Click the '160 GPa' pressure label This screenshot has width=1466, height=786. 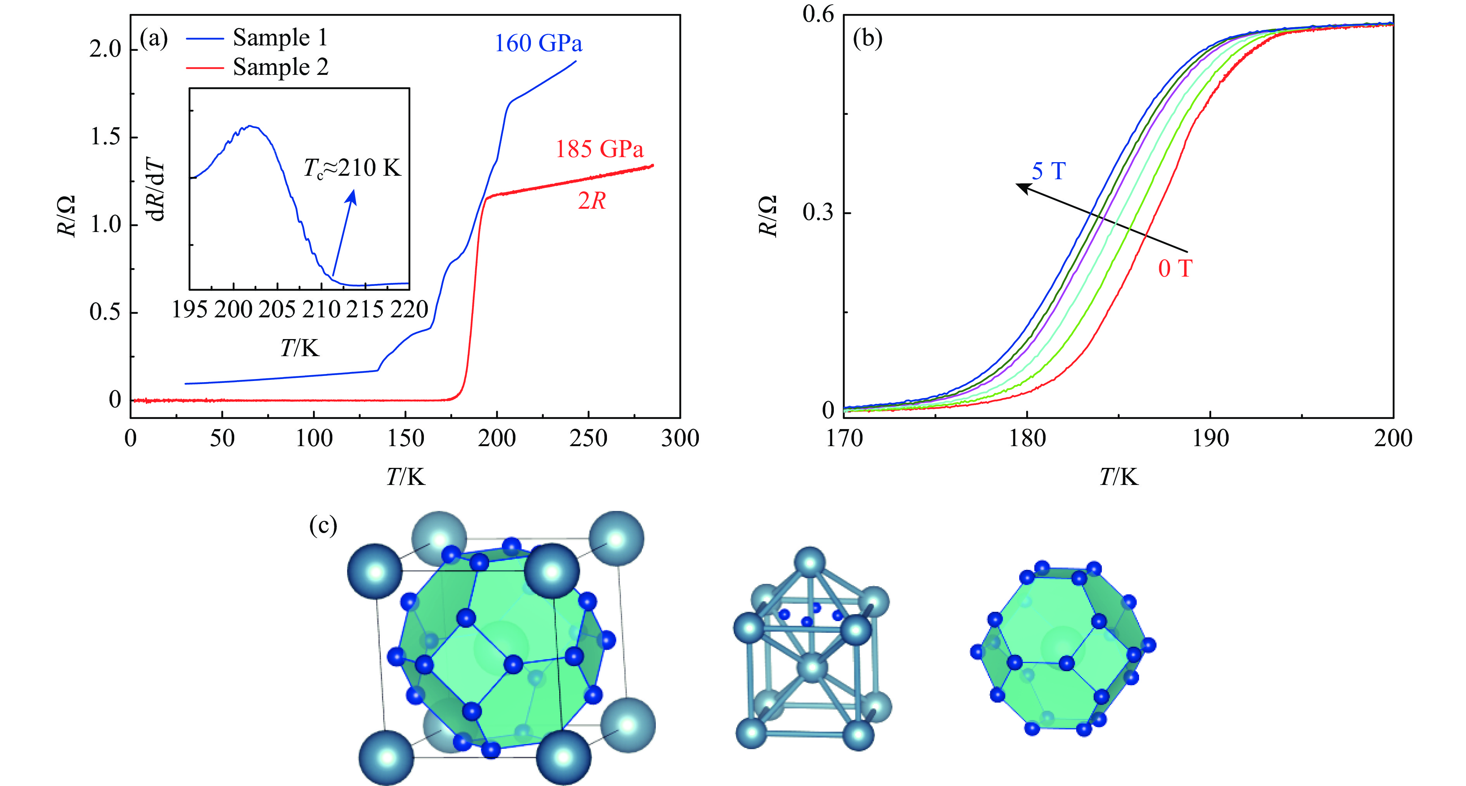point(538,44)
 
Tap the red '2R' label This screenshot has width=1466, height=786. point(591,201)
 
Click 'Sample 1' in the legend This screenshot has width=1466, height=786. point(280,38)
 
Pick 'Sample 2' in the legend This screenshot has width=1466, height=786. point(280,67)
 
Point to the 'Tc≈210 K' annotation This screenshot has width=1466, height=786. point(352,168)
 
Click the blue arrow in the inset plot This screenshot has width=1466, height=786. point(344,233)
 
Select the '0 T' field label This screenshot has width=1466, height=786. point(1175,268)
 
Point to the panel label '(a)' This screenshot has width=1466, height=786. point(154,39)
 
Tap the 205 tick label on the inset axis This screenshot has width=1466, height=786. point(277,310)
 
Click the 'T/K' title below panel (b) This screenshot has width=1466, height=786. point(1118,477)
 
